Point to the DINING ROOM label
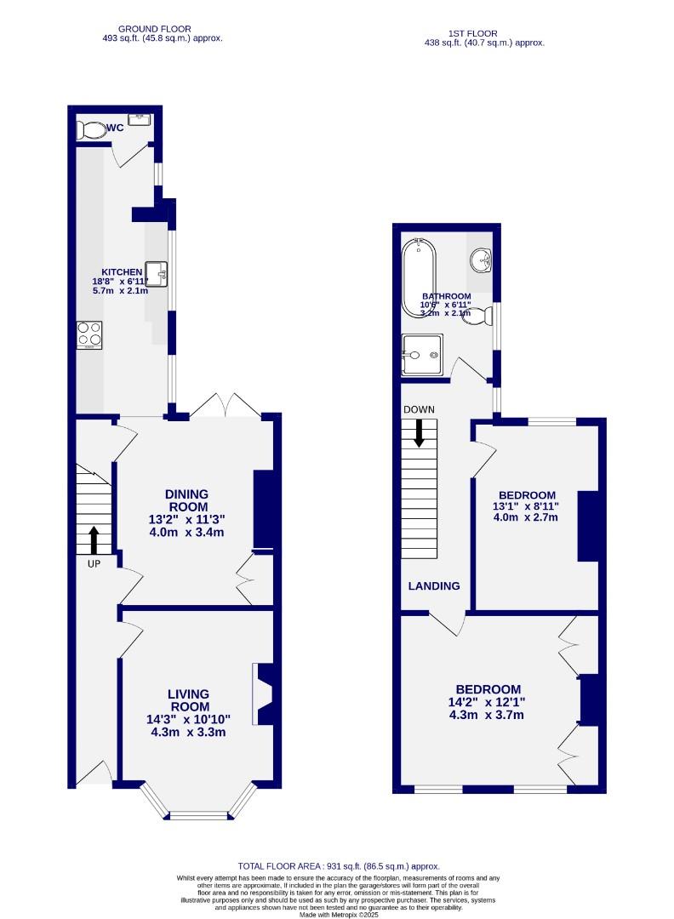point(186,500)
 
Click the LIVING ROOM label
point(188,700)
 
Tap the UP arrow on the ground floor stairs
point(93,539)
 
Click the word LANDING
point(434,585)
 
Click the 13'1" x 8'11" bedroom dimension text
point(527,508)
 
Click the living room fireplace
point(263,694)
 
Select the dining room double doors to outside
point(225,405)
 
